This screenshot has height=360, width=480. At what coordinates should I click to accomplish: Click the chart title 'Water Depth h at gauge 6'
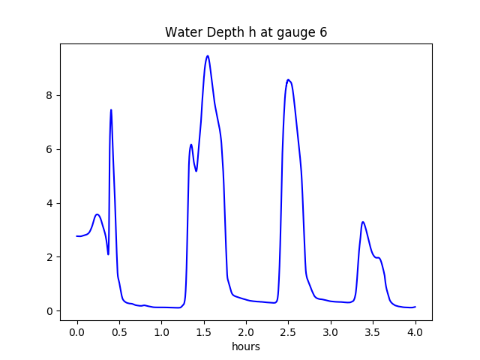[246, 33]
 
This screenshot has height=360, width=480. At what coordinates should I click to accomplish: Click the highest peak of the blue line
[207, 55]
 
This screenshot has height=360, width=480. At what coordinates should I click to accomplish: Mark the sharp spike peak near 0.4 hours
[111, 109]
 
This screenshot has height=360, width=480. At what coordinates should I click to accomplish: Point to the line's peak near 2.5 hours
[288, 79]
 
